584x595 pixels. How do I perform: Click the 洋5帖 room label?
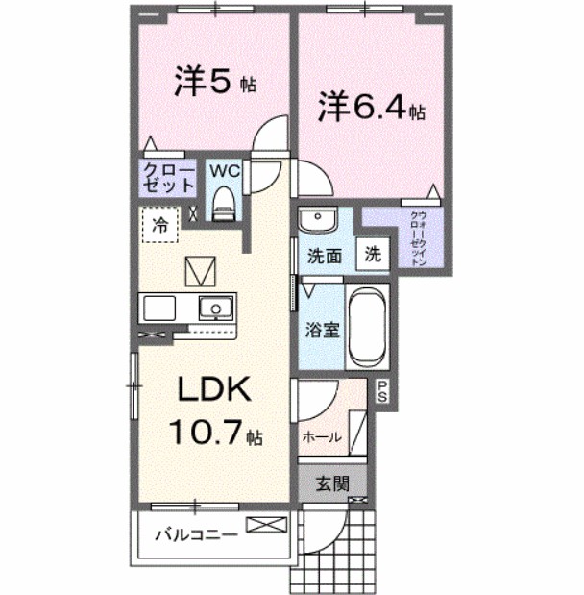click(x=214, y=83)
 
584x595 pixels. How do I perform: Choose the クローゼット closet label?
click(x=169, y=180)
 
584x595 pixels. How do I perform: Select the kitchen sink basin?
click(x=216, y=309)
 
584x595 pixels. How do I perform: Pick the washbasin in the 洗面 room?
click(x=315, y=221)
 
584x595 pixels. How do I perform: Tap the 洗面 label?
click(x=325, y=257)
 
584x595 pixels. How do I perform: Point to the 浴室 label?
click(x=322, y=331)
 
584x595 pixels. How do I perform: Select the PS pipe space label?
click(x=382, y=392)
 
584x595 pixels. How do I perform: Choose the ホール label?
click(x=323, y=436)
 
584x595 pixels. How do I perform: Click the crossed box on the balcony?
click(x=266, y=525)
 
